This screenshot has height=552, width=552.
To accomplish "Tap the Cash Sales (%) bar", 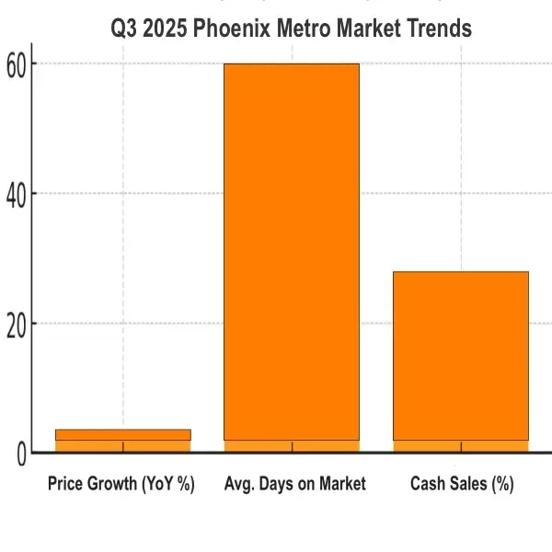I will click(461, 359).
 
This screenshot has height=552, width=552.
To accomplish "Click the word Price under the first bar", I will click(65, 484).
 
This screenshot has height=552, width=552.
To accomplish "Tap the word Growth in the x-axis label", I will click(112, 484).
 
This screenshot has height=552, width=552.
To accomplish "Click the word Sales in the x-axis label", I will click(467, 484).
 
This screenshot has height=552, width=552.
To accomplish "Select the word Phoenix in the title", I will click(232, 29).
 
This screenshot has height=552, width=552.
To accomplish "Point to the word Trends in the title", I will click(440, 29).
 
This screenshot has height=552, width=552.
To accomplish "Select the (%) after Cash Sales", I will click(502, 484).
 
